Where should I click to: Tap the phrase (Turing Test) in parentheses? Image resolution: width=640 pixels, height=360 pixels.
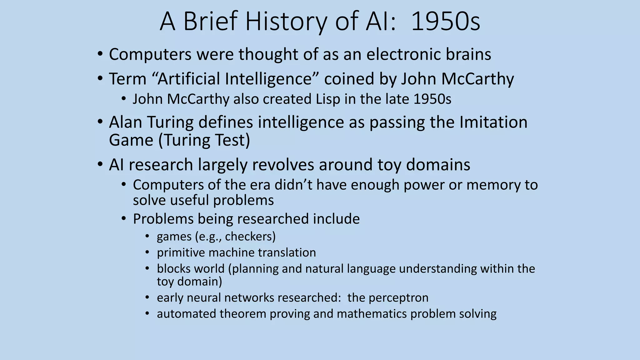pos(204,140)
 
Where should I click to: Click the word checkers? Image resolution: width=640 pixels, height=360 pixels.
pos(250,237)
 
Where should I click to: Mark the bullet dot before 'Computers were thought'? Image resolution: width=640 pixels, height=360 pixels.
pos(100,54)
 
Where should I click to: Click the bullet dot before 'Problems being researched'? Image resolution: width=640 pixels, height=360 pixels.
pos(124,219)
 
